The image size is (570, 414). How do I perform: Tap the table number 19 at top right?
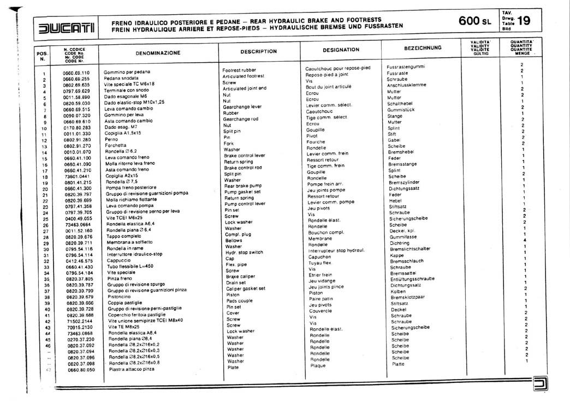pos(522,21)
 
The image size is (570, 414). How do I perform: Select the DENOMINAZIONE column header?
pos(157,53)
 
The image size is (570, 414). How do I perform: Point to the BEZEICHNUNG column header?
pos(423,48)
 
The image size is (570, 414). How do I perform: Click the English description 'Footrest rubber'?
pos(239,70)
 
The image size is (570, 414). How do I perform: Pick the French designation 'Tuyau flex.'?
pos(320,263)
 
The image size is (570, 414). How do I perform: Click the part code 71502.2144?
pos(80,321)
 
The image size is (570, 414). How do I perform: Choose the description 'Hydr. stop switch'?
pos(244,253)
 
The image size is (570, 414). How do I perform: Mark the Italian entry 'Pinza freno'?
pos(121,278)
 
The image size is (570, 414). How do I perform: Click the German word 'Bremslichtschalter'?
pos(410,249)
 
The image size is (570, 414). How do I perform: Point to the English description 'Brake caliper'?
pos(241,277)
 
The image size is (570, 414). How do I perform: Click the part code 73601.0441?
pos(76,176)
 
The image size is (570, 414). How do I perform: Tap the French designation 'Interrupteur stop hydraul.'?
pos(336,250)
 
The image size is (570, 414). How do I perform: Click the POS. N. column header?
pos(42,56)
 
